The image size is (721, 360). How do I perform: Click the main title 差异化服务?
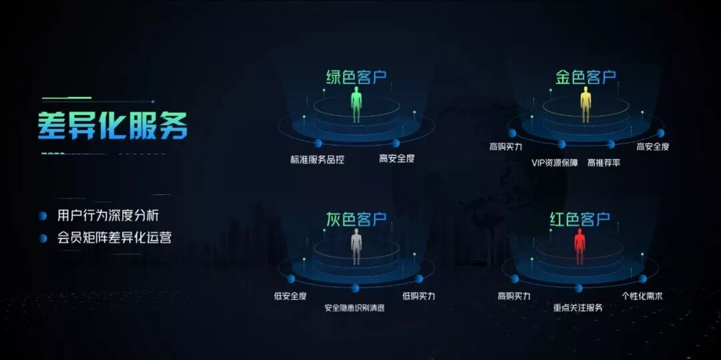[113, 124]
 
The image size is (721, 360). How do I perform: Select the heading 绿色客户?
[356, 77]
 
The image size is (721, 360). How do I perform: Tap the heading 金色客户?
[585, 77]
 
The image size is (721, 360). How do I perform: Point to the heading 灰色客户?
[356, 219]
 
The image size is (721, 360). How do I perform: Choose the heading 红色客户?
[579, 219]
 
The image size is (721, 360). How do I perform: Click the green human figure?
[357, 106]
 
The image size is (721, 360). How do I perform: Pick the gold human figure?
[585, 106]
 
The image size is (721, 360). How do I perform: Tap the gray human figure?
[356, 246]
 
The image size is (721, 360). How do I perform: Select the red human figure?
[579, 246]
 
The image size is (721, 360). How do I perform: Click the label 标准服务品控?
[317, 160]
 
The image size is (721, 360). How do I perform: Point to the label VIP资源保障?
[555, 162]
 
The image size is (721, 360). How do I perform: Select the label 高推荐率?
[604, 162]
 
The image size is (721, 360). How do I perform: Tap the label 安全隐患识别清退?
[354, 308]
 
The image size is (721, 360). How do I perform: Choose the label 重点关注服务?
[578, 308]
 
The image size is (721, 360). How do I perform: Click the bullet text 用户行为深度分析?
[108, 216]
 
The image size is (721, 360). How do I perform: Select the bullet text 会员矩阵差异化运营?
[114, 237]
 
